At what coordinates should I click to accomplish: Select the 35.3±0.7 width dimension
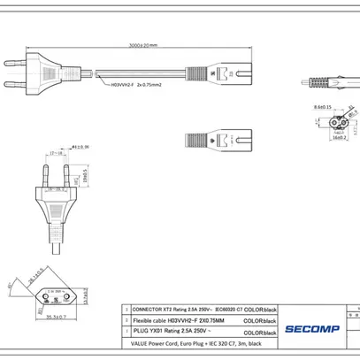click(x=58, y=316)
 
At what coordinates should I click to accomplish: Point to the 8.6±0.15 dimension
click(x=322, y=107)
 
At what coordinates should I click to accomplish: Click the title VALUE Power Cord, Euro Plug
click(x=186, y=342)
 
